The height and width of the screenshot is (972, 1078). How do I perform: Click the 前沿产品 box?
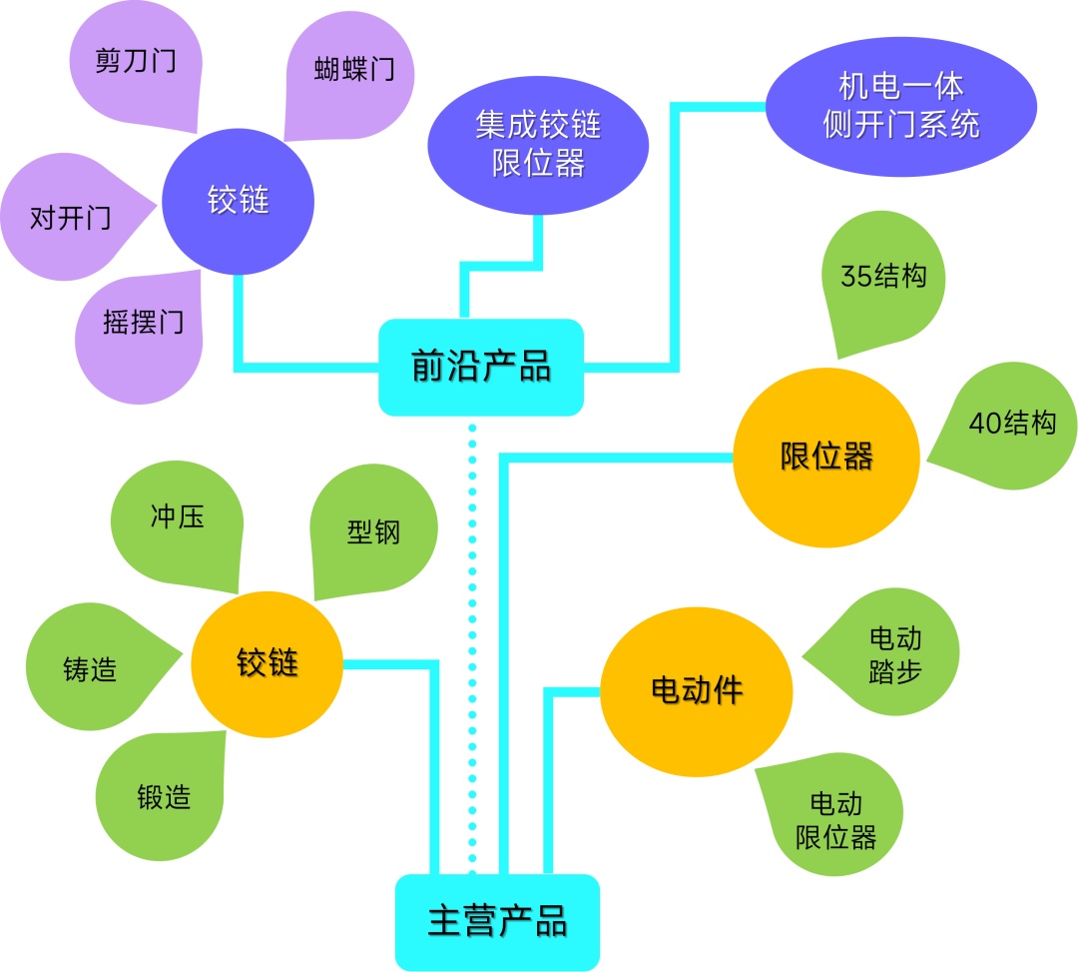click(481, 367)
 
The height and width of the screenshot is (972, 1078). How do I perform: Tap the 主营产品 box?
click(497, 922)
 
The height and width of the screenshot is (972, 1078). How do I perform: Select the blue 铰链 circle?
click(239, 201)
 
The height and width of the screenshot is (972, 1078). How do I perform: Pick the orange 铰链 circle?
click(267, 663)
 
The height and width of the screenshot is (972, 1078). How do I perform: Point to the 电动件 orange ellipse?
click(696, 690)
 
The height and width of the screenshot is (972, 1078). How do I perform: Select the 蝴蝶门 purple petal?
click(350, 72)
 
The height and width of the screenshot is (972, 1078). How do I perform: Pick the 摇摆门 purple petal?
click(140, 324)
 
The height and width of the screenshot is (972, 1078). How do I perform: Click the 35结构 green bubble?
click(882, 279)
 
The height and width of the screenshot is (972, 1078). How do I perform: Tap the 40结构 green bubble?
click(1010, 425)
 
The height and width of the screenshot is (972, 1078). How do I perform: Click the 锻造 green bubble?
click(162, 797)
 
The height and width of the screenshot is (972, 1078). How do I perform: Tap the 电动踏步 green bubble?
click(891, 655)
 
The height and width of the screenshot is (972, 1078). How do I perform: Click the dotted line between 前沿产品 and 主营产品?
click(473, 639)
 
